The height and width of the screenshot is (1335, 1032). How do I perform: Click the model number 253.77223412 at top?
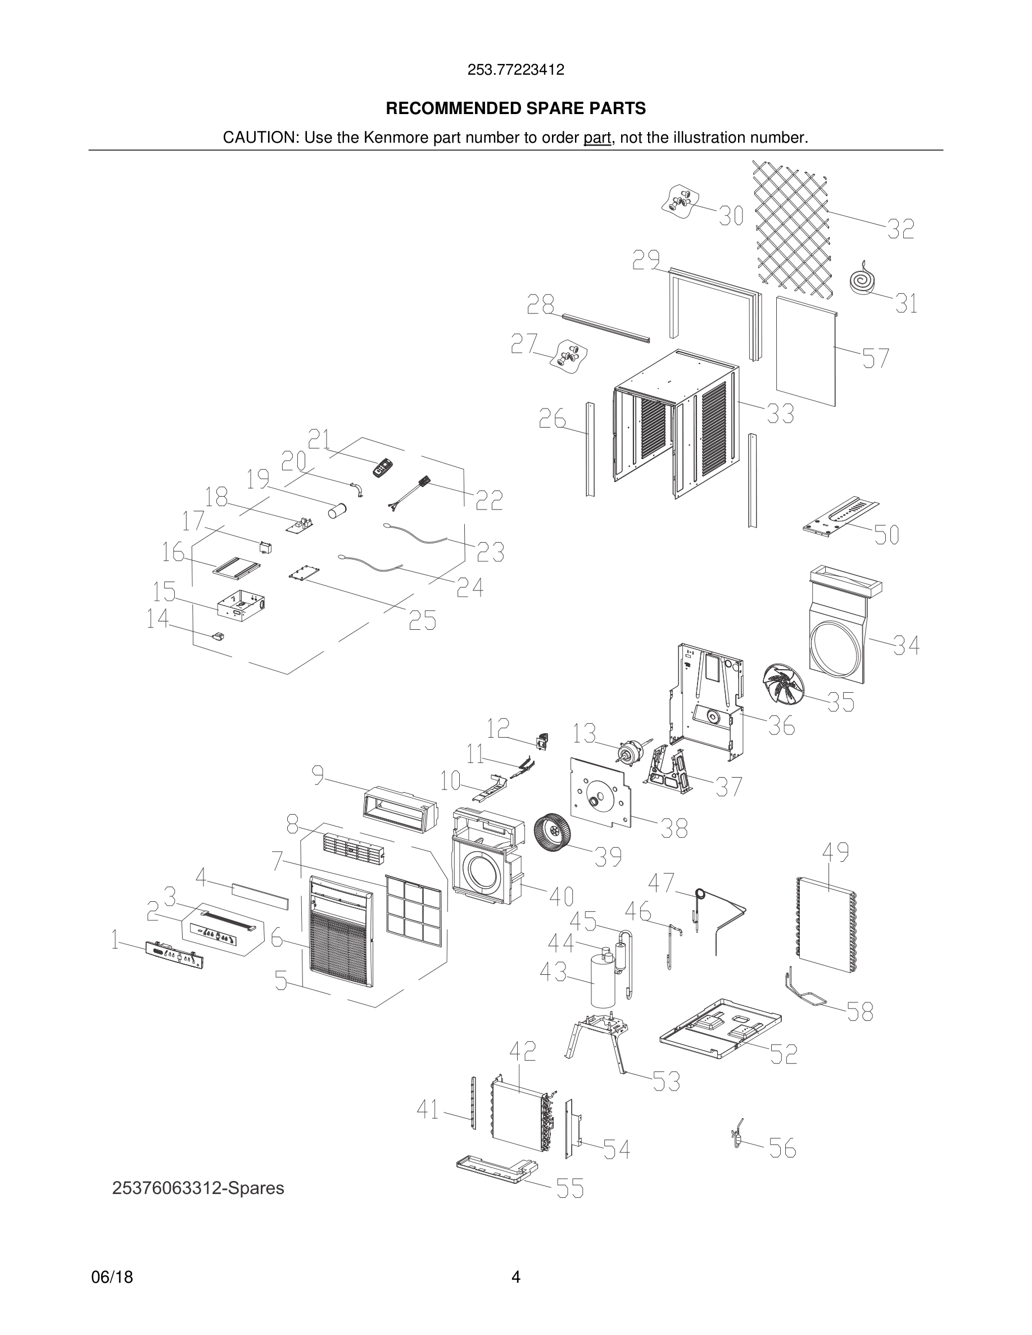515,70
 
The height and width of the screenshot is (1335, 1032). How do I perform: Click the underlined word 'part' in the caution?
597,138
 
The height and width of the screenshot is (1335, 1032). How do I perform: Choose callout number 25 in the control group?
423,621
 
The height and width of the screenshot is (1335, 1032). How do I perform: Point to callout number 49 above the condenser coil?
835,853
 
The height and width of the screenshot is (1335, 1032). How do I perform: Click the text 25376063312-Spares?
198,1188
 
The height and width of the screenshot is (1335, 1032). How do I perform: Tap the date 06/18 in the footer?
112,1277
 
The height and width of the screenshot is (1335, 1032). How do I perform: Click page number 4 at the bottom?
515,1277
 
